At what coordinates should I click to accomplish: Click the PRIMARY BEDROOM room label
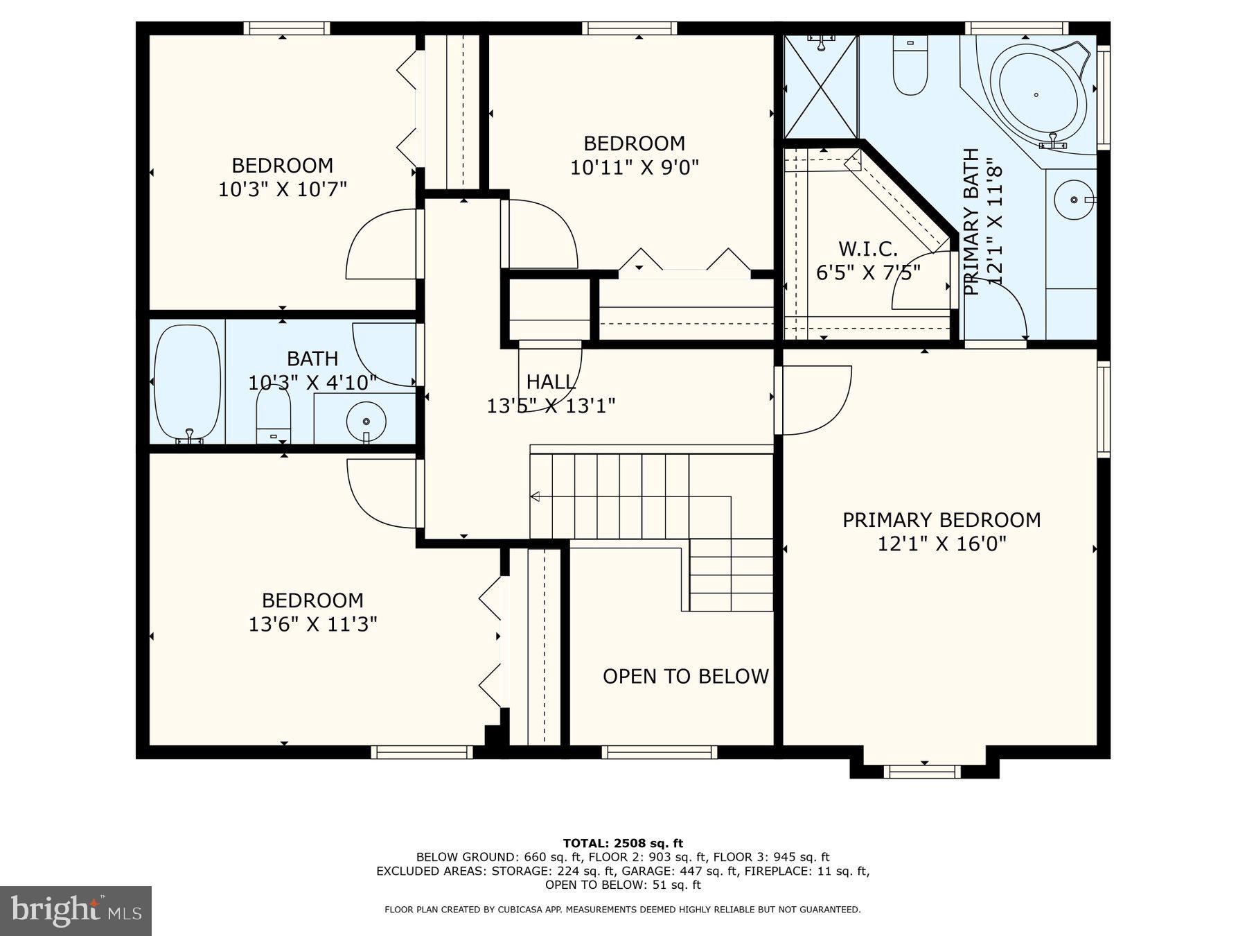pos(941,520)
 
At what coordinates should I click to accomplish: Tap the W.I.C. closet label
pos(867,249)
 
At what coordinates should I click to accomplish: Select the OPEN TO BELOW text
pos(685,677)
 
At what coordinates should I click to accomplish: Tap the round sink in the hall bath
pos(366,420)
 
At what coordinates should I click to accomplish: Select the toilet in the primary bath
pos(910,67)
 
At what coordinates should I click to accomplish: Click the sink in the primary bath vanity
pos(1074,200)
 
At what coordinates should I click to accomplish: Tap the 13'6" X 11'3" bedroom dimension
pos(312,625)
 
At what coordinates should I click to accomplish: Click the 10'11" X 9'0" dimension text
pos(634,168)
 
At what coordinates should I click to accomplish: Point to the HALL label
pos(551,382)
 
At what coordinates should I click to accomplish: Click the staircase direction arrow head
pos(535,496)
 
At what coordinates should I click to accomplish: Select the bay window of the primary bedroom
pos(923,770)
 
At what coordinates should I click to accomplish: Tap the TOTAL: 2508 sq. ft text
pos(623,843)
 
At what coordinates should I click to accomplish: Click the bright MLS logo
pos(76,910)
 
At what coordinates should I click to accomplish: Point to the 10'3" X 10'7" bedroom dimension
pos(282,189)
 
